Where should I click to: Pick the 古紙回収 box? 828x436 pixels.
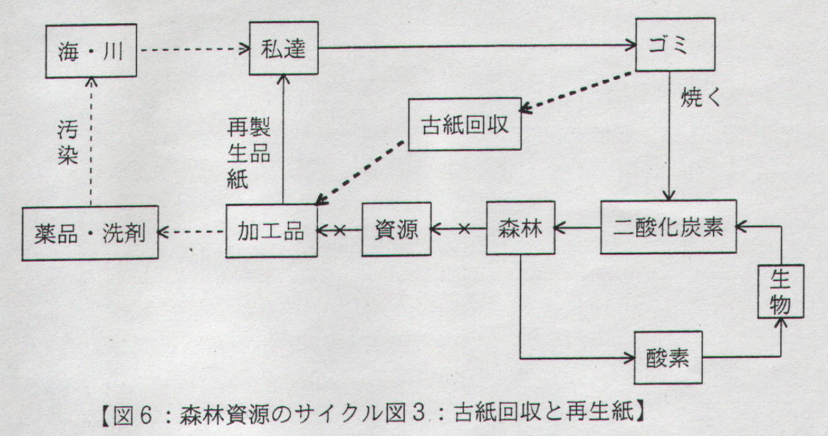(x=465, y=124)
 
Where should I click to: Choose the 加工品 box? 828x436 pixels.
(x=272, y=231)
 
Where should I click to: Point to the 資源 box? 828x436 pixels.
(x=396, y=229)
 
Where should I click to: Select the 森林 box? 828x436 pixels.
(x=519, y=228)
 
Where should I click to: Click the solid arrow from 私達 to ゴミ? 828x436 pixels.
(x=478, y=45)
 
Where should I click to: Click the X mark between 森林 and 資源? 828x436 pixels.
(x=465, y=230)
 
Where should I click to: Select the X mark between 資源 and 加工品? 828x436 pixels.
(x=340, y=231)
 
